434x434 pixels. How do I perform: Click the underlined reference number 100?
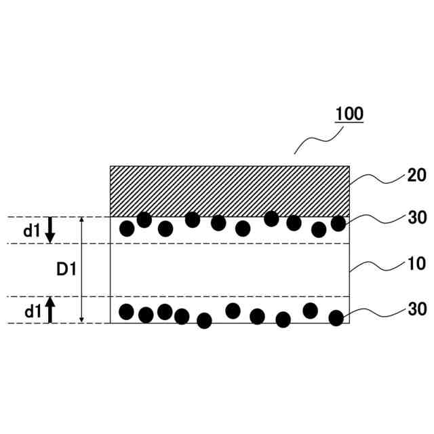[x=349, y=114]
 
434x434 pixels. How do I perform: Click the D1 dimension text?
[x=66, y=270]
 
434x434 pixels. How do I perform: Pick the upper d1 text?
[x=32, y=231]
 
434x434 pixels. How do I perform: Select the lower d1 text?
[x=32, y=311]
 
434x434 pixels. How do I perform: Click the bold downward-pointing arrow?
[x=50, y=232]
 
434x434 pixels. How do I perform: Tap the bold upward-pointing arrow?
[x=50, y=310]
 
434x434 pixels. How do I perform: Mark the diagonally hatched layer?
[x=230, y=191]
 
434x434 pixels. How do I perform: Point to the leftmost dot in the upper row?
[x=127, y=229]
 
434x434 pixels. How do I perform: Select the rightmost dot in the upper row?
[x=338, y=223]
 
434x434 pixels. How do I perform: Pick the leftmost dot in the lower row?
[x=127, y=311]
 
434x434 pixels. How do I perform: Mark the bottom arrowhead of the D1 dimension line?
[x=81, y=319]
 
